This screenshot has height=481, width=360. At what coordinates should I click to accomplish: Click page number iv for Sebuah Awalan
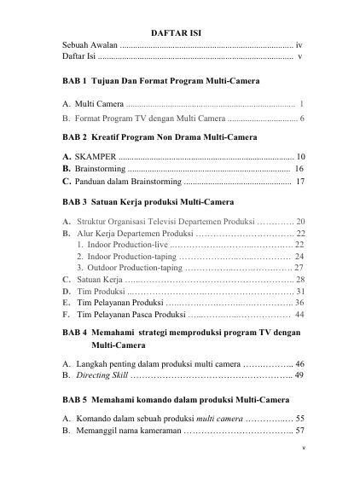click(x=299, y=43)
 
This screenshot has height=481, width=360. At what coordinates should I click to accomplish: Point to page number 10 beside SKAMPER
click(x=299, y=158)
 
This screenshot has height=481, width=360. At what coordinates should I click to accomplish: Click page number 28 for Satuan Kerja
click(x=300, y=279)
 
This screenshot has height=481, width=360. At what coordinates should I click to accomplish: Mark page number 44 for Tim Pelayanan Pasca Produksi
click(x=299, y=314)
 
